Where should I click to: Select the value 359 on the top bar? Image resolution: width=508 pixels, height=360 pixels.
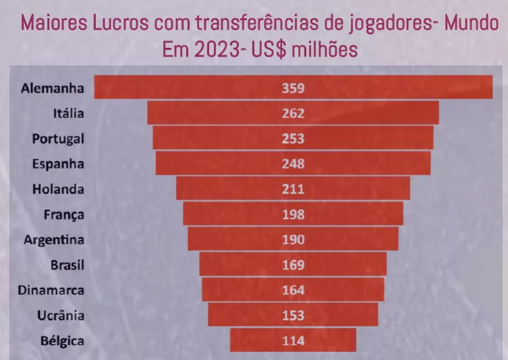pos(293,88)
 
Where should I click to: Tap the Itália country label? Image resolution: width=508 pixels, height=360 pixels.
pos(68,113)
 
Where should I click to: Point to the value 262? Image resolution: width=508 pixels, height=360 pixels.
pos(293,113)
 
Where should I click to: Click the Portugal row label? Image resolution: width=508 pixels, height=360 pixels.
pos(58,138)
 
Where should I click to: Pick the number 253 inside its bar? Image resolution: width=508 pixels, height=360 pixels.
pos(293,138)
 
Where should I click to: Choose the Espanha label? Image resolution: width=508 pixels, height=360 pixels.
pos(59,164)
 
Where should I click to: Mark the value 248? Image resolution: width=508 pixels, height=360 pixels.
pos(293,164)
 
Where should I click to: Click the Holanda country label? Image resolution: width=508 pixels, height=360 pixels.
pos(58,189)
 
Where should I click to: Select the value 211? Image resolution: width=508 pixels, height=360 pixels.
pos(293,189)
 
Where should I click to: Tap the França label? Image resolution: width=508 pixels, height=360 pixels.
pos(63,214)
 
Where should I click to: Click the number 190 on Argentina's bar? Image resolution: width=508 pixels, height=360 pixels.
pos(293,239)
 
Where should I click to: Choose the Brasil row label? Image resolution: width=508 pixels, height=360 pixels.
pos(67,265)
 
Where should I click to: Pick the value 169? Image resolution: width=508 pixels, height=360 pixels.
pos(293,265)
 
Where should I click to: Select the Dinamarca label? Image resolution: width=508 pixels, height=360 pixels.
pos(53,290)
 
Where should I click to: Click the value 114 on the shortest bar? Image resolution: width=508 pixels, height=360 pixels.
pos(293,340)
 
